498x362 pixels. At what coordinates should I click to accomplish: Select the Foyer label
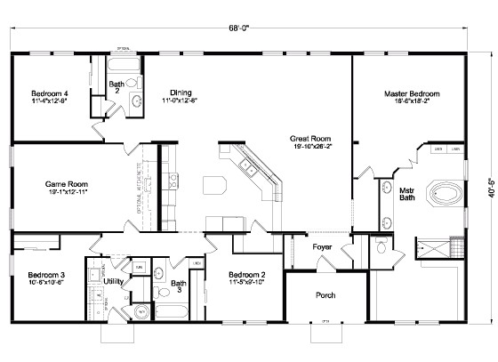321,248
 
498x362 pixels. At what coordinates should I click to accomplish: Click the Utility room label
114,281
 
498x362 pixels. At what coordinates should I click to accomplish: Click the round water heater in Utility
141,312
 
